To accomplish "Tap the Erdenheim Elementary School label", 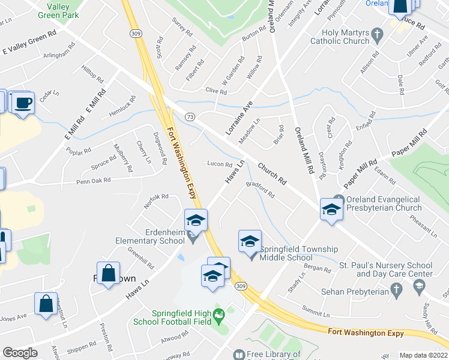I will pos(150,236).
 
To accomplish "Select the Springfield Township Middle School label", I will pos(298,253).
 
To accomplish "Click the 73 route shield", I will pos(190,116).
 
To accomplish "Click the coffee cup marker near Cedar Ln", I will pos(22,103).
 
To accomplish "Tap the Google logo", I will pos(20,353).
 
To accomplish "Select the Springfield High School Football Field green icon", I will pos(219,313).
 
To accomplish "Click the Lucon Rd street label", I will pos(219,164).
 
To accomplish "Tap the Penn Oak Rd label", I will pos(93,181).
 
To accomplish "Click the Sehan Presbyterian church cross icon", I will pos(396,290).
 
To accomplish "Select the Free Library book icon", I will pos(239,355).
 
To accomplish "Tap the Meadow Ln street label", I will pos(249,129).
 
